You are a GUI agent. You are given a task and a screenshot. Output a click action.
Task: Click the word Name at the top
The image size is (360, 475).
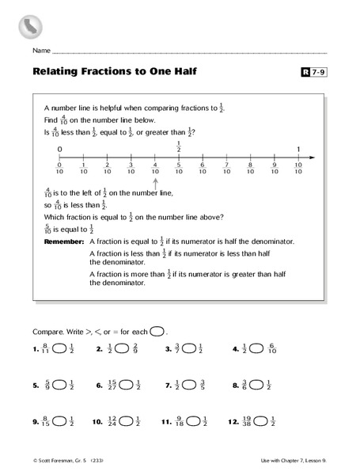point(41,51)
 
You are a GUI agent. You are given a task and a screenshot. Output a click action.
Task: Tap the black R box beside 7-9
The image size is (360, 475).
point(307,73)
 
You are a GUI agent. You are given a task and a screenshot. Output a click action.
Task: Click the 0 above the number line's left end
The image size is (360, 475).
point(59,149)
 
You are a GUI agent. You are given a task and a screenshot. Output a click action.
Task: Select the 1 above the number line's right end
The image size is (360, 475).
point(298,149)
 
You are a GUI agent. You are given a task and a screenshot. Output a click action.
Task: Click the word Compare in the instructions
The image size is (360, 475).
point(46,330)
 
